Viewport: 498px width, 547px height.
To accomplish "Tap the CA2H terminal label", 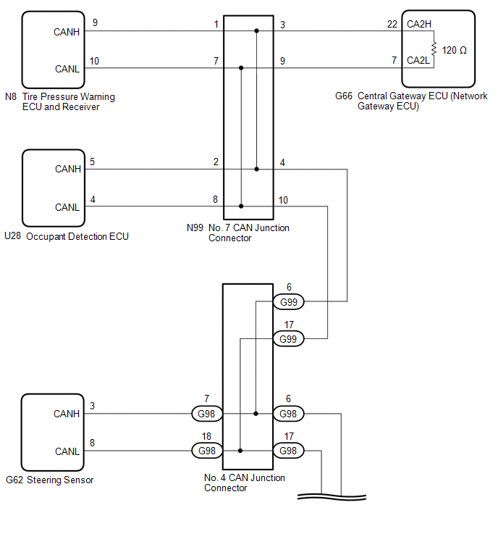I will click(418, 25).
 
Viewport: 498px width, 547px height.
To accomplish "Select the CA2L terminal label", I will click(418, 60).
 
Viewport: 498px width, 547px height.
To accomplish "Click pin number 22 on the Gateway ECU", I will click(392, 25).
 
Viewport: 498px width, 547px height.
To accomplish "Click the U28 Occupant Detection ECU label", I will click(67, 236).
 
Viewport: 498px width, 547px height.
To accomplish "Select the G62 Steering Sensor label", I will click(49, 480).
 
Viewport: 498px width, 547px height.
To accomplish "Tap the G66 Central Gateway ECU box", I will click(438, 48).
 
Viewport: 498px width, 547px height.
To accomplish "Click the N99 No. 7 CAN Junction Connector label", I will click(238, 233).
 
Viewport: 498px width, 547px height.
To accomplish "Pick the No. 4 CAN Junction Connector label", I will click(245, 483).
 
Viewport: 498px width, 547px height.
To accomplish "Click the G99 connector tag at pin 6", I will click(288, 301).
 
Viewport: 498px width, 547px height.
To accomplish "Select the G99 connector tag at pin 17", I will click(288, 338).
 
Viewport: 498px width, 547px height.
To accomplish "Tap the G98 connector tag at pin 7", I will click(206, 414).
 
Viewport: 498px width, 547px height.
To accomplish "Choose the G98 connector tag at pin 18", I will click(206, 451).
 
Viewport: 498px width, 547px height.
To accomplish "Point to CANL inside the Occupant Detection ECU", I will click(67, 207).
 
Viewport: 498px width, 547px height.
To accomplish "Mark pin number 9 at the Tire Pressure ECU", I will click(95, 24).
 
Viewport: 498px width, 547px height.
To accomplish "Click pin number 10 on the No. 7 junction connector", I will click(282, 200).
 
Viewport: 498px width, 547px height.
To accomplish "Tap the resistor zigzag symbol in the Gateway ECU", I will click(433, 49).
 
